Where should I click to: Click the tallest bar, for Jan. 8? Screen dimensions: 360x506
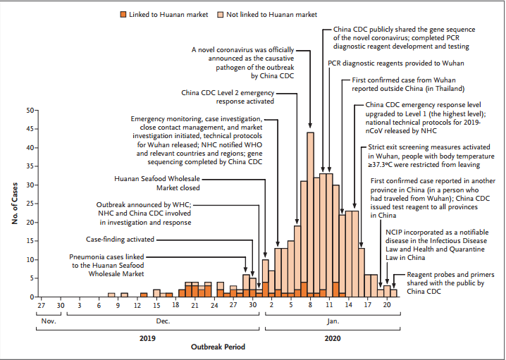310,211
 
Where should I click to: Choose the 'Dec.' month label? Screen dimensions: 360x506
163,321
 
